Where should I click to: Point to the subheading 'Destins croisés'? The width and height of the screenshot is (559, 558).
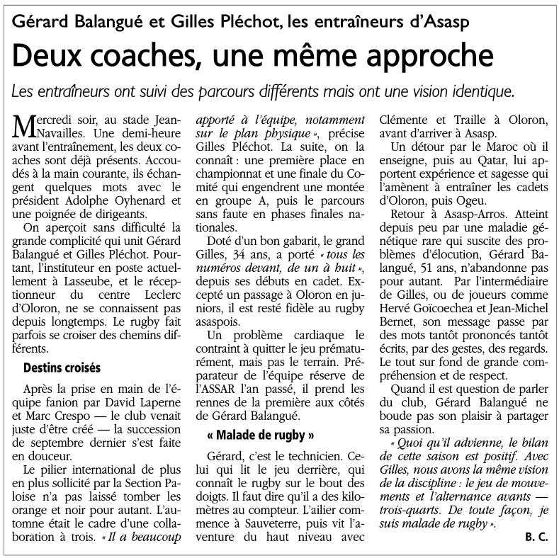coord(62,368)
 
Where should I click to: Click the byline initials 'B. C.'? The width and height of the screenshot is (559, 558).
coord(536,537)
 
